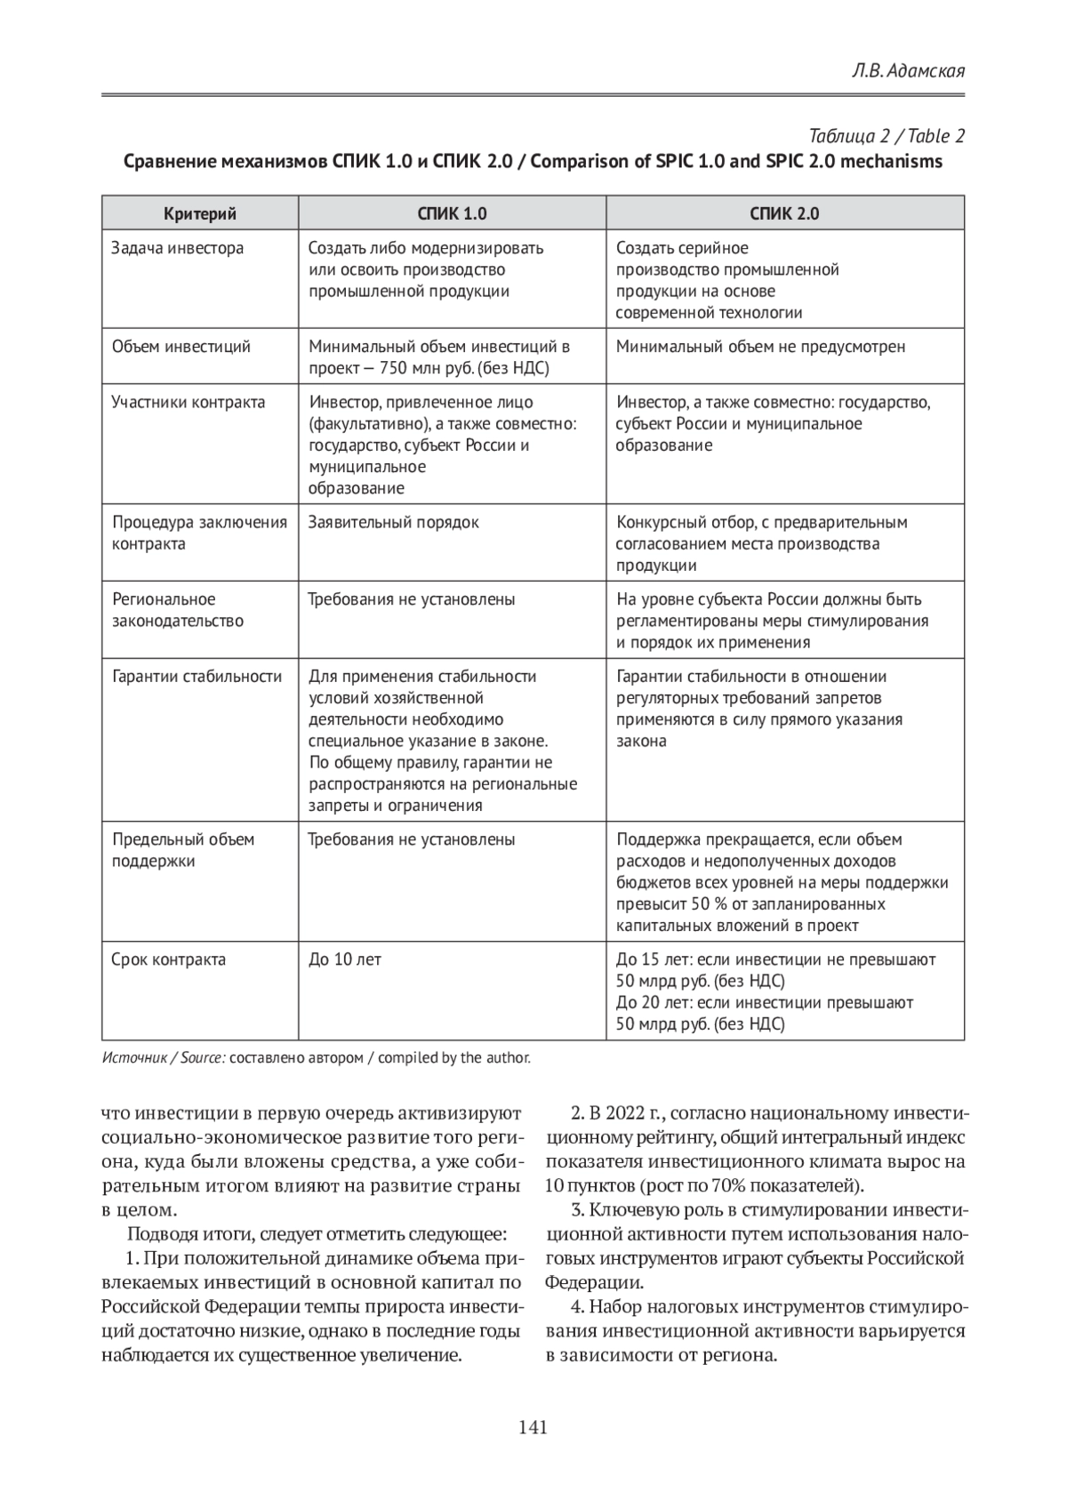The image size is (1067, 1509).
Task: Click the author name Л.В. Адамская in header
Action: click(x=907, y=70)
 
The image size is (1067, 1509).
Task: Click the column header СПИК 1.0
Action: click(x=452, y=213)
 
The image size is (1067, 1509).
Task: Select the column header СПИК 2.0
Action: click(x=784, y=213)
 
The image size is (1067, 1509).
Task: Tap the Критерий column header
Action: click(x=199, y=213)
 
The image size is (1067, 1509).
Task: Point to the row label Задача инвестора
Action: click(x=177, y=248)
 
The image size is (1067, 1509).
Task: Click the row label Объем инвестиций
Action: click(x=181, y=347)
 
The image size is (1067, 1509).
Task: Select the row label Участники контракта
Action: click(x=188, y=402)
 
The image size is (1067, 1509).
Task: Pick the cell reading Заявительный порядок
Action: click(x=393, y=523)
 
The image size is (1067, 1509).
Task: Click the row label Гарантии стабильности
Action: click(x=197, y=677)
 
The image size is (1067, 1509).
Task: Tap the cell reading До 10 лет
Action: click(x=345, y=960)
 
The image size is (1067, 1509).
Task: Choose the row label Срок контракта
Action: click(x=168, y=960)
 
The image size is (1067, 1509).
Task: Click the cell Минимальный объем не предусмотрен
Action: click(x=760, y=347)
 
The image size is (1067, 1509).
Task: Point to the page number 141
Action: click(x=532, y=1428)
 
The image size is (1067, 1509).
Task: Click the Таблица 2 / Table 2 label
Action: click(x=886, y=136)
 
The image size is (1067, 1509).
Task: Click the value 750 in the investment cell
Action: click(x=393, y=368)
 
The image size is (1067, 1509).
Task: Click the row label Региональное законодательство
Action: click(x=177, y=610)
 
